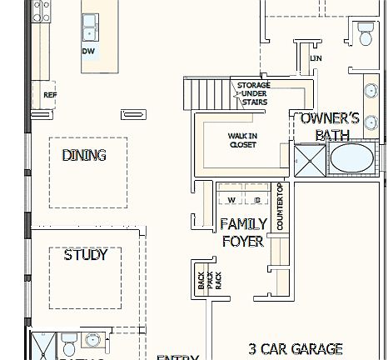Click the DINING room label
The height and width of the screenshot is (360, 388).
[84, 155]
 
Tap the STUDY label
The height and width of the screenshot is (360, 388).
[86, 255]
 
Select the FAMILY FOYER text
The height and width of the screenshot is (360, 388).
[243, 232]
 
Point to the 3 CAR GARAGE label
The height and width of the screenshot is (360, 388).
[296, 348]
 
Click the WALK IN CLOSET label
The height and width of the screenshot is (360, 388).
[242, 140]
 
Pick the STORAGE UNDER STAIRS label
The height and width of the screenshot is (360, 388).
[253, 94]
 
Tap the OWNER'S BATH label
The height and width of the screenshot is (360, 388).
[331, 126]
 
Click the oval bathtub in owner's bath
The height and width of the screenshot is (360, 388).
[354, 158]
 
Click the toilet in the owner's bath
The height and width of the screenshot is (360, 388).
[365, 34]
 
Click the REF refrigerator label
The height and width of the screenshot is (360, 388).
[49, 95]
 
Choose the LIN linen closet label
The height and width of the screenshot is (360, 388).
[316, 58]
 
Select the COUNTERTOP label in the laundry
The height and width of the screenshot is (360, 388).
[281, 208]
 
